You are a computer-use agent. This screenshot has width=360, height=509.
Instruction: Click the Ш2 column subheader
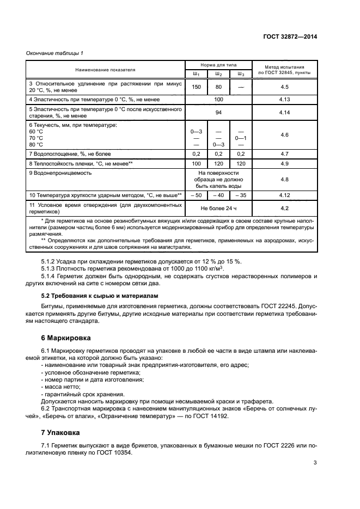point(218,74)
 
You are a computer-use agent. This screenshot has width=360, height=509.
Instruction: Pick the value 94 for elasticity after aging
point(218,112)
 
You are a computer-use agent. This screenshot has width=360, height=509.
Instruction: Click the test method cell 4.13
point(284,100)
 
